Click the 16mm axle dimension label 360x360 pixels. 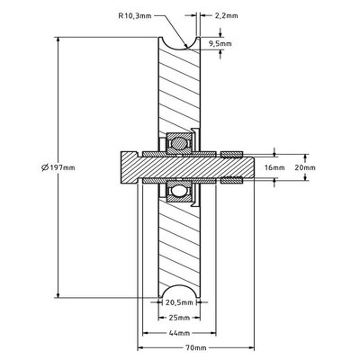click(x=276, y=167)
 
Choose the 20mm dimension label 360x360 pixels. click(x=305, y=167)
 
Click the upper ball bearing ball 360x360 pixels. click(x=175, y=142)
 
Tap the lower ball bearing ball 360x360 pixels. click(x=175, y=192)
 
